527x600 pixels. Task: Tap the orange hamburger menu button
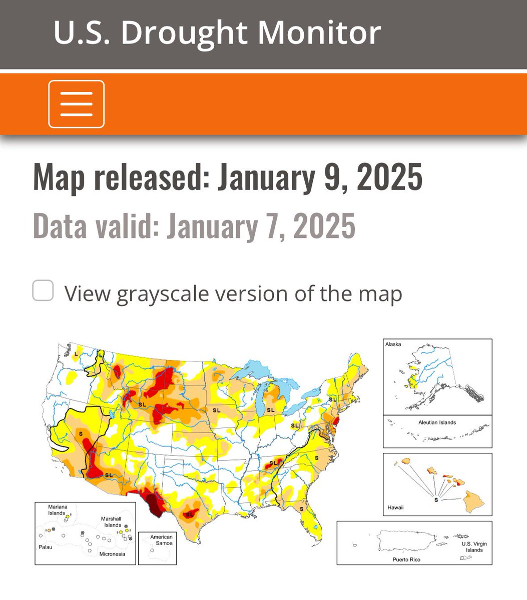76,104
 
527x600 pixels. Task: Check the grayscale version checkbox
43,291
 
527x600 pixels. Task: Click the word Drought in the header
184,33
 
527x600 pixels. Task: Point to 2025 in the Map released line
389,177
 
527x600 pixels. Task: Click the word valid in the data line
125,226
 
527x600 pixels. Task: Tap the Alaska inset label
393,344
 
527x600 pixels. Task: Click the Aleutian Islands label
437,422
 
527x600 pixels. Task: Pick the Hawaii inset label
395,507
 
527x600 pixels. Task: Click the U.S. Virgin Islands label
474,547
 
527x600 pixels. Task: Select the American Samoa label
161,540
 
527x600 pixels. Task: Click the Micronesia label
112,554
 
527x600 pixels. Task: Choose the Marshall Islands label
111,522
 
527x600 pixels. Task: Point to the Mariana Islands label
57,510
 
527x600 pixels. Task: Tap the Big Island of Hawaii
473,500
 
